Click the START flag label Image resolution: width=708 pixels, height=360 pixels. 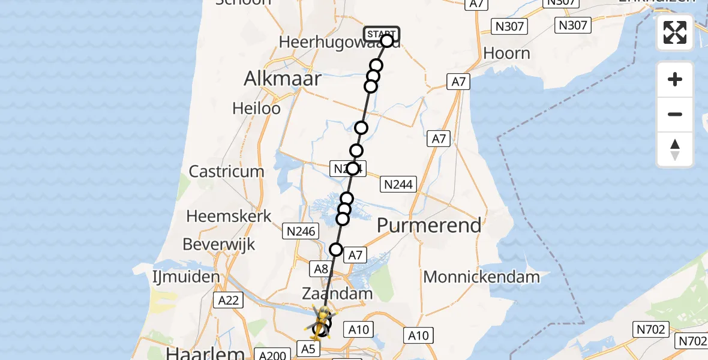(380, 34)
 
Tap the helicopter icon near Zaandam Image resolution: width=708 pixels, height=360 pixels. (322, 319)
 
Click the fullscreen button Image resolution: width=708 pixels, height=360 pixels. (675, 32)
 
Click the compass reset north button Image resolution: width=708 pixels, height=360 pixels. (675, 149)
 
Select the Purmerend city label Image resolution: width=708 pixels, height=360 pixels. (429, 226)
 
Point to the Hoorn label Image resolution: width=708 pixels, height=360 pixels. (506, 53)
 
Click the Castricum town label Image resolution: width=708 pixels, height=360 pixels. (226, 172)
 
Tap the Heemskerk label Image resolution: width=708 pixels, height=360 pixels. (229, 216)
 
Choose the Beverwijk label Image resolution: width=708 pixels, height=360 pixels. (219, 245)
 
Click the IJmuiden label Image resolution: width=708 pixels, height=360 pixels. (186, 277)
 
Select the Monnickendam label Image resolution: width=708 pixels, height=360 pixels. (481, 277)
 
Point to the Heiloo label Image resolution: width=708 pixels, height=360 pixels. (256, 109)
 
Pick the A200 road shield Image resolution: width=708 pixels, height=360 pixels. (272, 356)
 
